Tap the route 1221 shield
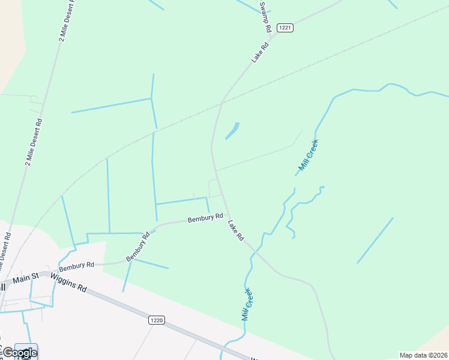pyautogui.click(x=286, y=28)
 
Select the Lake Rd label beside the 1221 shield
pyautogui.click(x=259, y=53)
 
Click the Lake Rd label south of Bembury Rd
pyautogui.click(x=236, y=230)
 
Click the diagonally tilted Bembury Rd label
pyautogui.click(x=137, y=247)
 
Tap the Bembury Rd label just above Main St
pyautogui.click(x=77, y=265)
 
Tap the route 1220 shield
pyautogui.click(x=156, y=321)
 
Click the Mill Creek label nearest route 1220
pyautogui.click(x=247, y=304)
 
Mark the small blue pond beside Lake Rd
pyautogui.click(x=232, y=130)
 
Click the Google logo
pyautogui.click(x=19, y=352)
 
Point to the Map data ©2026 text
pyautogui.click(x=423, y=355)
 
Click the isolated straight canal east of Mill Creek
pyautogui.click(x=375, y=240)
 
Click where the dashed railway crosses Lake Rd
pyautogui.click(x=221, y=103)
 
